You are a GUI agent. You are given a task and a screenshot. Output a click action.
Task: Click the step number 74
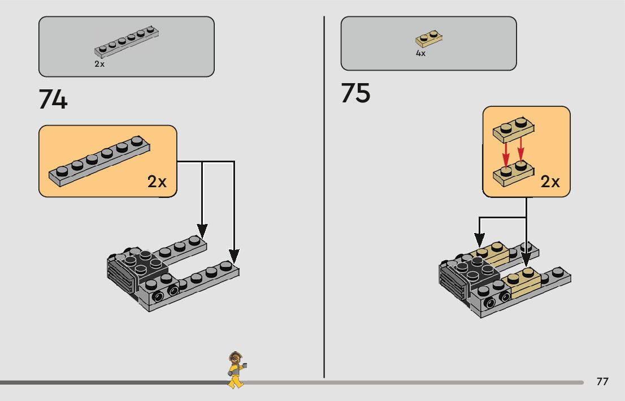pyautogui.click(x=53, y=100)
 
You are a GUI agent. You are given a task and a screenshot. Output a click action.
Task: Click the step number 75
pyautogui.click(x=355, y=93)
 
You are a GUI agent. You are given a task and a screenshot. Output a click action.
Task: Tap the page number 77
pyautogui.click(x=602, y=381)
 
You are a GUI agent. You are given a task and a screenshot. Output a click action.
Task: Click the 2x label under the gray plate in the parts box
pyautogui.click(x=99, y=64)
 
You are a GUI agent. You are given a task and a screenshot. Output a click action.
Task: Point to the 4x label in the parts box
pyautogui.click(x=420, y=53)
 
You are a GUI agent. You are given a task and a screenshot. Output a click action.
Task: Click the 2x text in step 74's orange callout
pyautogui.click(x=157, y=182)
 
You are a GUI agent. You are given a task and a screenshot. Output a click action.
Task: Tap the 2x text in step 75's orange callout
pyautogui.click(x=550, y=182)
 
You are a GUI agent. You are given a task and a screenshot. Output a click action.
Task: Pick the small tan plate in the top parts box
pyautogui.click(x=429, y=38)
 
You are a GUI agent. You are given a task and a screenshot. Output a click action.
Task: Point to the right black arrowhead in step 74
pyautogui.click(x=233, y=255)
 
